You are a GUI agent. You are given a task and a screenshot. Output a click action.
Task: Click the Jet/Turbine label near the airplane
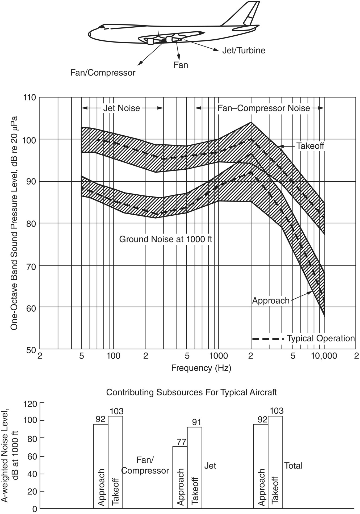click(x=244, y=50)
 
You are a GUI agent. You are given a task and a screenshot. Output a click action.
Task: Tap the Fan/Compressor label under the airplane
click(x=103, y=73)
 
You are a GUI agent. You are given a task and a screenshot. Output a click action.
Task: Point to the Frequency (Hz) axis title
click(x=201, y=368)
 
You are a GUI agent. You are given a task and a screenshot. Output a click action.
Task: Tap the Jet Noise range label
click(x=122, y=108)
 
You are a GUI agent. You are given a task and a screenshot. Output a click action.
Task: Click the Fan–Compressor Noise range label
click(x=263, y=108)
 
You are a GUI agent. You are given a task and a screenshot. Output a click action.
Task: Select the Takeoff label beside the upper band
click(x=310, y=146)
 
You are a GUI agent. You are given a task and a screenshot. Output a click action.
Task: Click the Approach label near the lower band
click(x=270, y=301)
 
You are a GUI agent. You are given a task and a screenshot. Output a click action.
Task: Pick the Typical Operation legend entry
click(x=321, y=339)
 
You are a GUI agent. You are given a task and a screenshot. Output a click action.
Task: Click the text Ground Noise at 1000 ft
click(x=165, y=239)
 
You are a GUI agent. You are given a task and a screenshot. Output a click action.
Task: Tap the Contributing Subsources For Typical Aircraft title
click(x=191, y=392)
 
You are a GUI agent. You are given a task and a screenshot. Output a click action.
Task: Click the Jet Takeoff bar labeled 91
click(x=195, y=468)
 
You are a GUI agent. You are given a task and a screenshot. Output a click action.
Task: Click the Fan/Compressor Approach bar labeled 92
click(x=101, y=467)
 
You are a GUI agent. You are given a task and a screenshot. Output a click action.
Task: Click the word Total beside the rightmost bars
click(x=293, y=466)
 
